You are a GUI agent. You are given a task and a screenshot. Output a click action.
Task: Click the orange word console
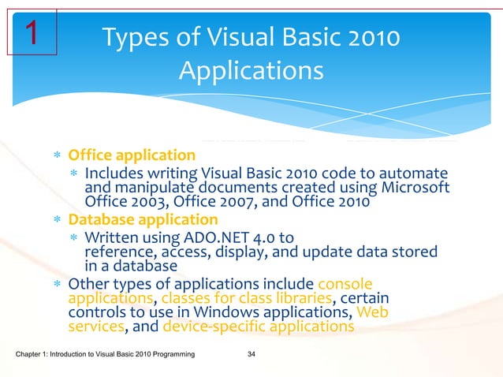coord(345,283)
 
